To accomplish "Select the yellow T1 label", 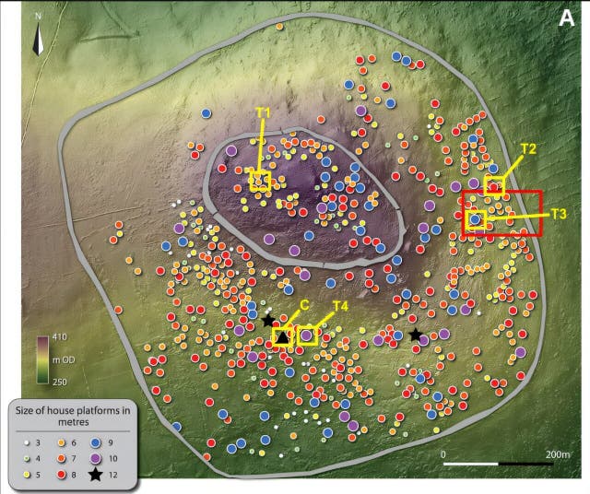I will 263,113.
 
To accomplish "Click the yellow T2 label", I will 528,148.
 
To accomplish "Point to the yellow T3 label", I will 557,214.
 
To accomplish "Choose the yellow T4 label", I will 339,306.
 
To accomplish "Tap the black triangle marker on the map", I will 282,338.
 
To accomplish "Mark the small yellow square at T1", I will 260,180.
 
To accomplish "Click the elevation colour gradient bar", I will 41,359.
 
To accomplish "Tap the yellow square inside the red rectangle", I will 476,219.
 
